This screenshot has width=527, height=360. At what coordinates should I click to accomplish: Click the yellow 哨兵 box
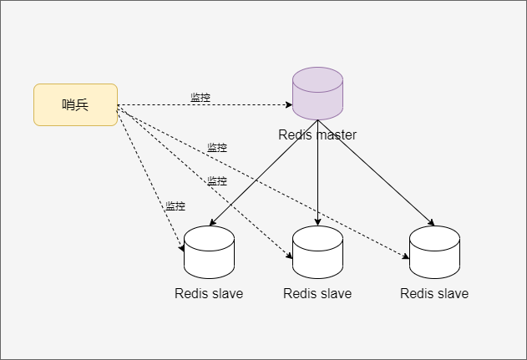pos(75,104)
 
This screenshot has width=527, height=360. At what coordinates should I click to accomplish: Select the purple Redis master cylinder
pos(317,94)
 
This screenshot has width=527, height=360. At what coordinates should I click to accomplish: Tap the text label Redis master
pos(317,134)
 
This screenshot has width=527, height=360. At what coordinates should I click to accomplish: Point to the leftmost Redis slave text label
pos(209,293)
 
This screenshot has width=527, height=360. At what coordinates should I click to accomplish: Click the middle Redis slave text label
pos(317,293)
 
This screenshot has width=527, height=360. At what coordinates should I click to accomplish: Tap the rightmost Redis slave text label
pos(434,293)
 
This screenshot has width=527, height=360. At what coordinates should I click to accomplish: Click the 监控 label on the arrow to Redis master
pos(200,98)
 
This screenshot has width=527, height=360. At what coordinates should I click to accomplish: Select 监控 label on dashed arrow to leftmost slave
pos(175,206)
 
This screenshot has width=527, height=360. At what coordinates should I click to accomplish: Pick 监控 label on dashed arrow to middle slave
pos(217,181)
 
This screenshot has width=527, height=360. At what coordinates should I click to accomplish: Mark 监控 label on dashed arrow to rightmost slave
pos(217,148)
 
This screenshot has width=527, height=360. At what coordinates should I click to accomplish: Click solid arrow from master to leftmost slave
pos(259,180)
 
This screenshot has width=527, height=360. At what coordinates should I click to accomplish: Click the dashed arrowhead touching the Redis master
pos(288,106)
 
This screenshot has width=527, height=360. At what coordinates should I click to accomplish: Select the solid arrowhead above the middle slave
pos(317,221)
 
